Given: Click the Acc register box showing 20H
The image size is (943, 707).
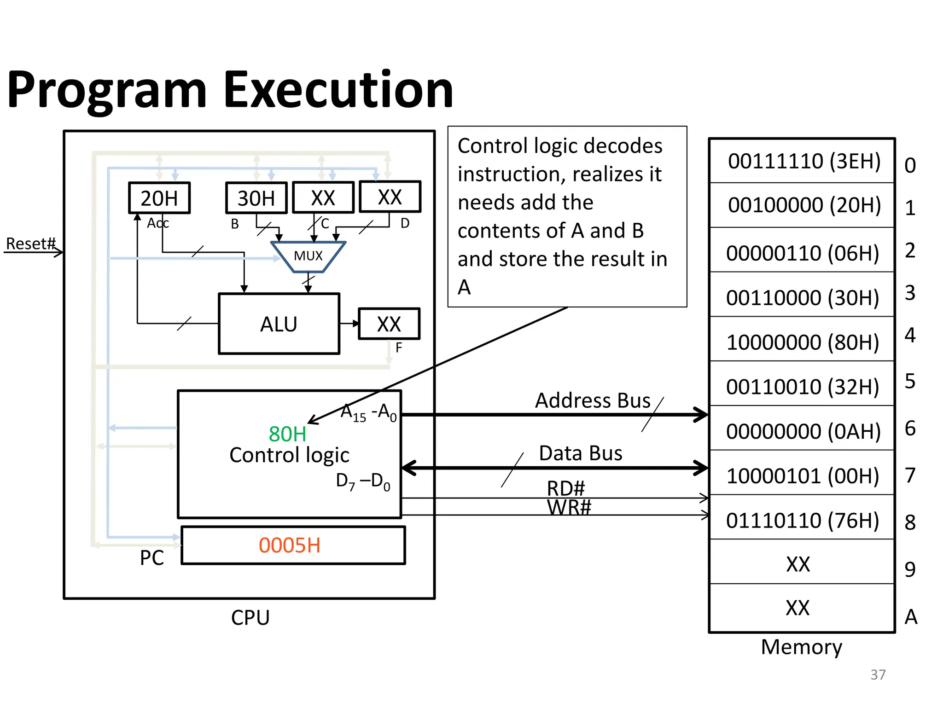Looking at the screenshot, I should pos(159,198).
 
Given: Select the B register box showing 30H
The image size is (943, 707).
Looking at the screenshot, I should pos(256,198).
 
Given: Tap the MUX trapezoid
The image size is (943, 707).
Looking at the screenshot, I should pos(308,256).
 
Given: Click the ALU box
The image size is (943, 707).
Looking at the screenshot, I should pos(279,324).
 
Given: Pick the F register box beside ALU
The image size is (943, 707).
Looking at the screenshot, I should pos(389,324).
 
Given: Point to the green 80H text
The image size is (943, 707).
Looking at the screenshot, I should pos(287,434).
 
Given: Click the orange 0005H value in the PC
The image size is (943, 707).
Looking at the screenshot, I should pos(290,545).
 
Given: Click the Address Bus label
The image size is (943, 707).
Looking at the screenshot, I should pos(593,400).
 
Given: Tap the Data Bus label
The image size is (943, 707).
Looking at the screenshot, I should pos(581,453).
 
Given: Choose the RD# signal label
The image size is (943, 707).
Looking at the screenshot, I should pos(566,488).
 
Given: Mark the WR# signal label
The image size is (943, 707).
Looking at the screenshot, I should pos(569,508).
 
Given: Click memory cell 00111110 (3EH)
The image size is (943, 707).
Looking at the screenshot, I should pos(804,161).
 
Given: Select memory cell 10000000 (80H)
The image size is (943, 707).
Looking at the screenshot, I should pos(803,342).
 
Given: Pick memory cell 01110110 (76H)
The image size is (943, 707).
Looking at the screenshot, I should pos(803,521).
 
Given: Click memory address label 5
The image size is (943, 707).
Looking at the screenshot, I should pos(910,382).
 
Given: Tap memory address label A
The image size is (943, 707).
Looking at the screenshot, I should pos(911,617).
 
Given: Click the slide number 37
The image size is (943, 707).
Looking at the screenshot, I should pos(878,675).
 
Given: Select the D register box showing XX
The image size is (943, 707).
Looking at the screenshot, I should pos(390,197).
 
